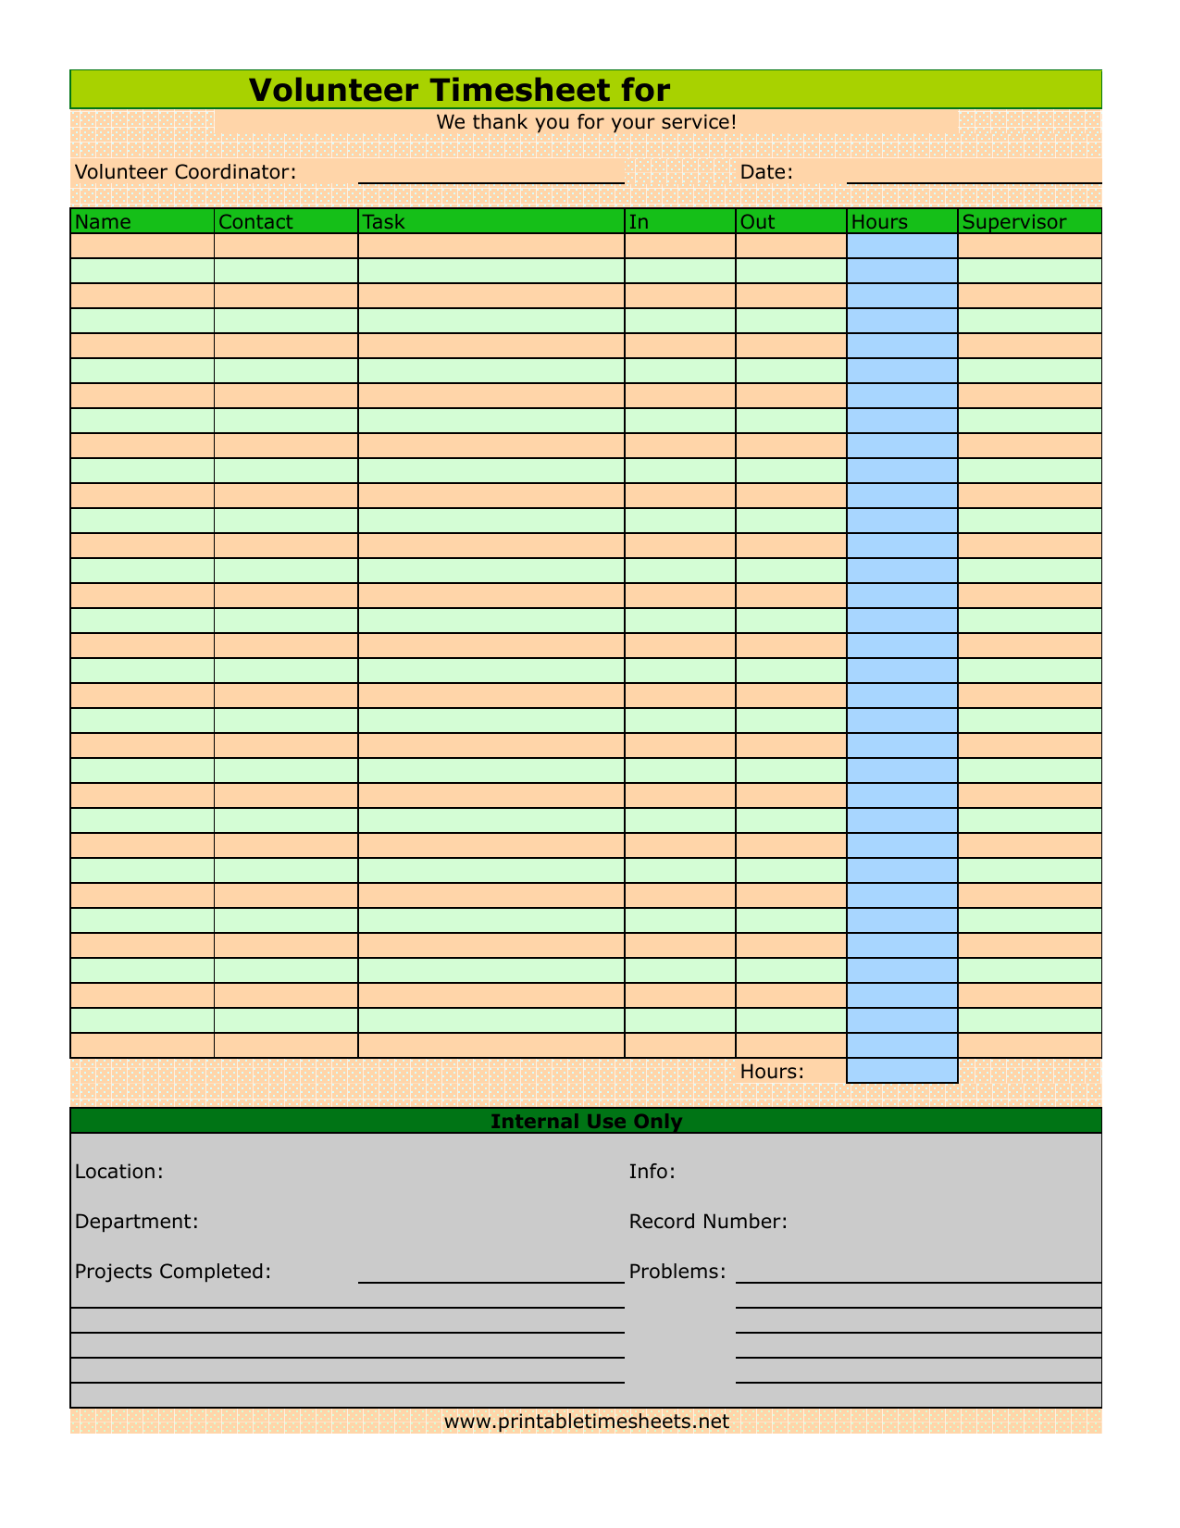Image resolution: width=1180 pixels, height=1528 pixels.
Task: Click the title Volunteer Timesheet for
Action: click(x=459, y=90)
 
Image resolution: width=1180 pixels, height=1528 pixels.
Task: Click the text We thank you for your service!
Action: click(x=586, y=121)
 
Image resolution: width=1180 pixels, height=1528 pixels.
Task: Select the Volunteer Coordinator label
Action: click(x=185, y=171)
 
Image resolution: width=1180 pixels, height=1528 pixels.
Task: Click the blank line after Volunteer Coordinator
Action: click(x=491, y=173)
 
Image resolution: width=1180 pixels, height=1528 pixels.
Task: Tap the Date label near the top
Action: click(x=766, y=171)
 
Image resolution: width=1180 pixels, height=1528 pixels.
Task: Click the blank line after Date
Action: click(x=974, y=173)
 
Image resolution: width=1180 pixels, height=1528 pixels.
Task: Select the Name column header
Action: click(x=103, y=221)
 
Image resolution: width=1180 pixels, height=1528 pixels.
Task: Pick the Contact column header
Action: click(x=255, y=221)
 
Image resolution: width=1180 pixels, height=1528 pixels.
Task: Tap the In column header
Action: click(x=639, y=221)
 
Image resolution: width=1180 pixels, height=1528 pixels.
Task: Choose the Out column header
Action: click(x=758, y=221)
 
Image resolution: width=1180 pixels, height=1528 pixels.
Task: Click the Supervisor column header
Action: click(x=1014, y=221)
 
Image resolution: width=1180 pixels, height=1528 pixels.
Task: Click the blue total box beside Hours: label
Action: click(x=901, y=1071)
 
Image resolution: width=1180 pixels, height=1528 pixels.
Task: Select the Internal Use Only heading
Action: click(x=586, y=1121)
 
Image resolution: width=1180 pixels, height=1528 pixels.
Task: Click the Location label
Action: click(x=118, y=1171)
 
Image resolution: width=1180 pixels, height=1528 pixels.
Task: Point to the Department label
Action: click(x=136, y=1221)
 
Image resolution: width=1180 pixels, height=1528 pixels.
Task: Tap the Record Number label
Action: click(x=708, y=1221)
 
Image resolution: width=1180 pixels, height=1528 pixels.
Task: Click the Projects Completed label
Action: click(x=172, y=1271)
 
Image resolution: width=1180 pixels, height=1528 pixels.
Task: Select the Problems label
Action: click(x=677, y=1271)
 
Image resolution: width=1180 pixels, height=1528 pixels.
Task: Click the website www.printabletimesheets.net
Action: click(x=586, y=1421)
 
